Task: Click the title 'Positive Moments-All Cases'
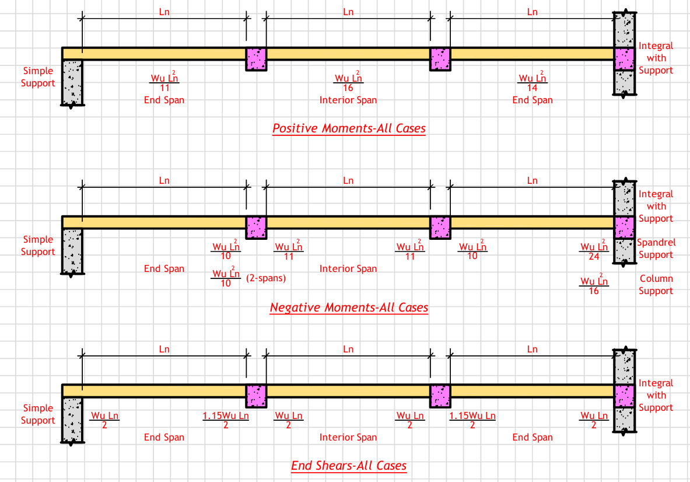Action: (x=349, y=128)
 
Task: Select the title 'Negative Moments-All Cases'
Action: (x=349, y=308)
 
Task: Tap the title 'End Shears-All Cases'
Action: (x=349, y=465)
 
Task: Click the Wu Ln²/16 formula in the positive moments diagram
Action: (x=348, y=82)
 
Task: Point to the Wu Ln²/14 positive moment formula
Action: (x=533, y=82)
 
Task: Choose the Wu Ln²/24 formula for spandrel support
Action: (x=594, y=251)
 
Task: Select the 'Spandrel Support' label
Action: (x=656, y=249)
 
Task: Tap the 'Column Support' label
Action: (x=656, y=285)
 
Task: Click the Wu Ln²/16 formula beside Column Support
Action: (x=594, y=286)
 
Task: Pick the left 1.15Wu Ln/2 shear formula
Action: (x=226, y=420)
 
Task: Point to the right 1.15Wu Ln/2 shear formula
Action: (x=472, y=420)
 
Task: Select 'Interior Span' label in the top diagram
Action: (x=348, y=100)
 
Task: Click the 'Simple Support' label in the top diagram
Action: (x=38, y=77)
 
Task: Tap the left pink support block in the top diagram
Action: (x=256, y=59)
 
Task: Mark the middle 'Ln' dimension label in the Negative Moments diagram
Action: (x=348, y=180)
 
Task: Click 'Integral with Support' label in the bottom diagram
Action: (x=656, y=395)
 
